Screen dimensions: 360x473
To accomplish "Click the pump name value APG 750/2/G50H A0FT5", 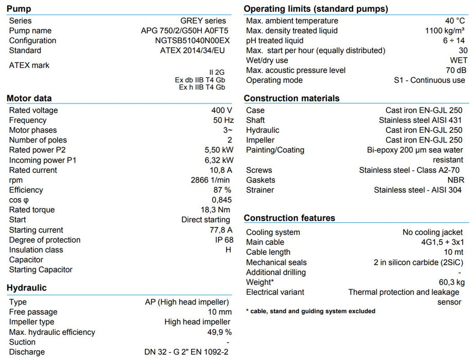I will coord(184,31).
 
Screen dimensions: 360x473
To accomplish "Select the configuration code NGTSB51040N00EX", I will coord(192,41).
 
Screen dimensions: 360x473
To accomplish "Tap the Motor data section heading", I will coord(29,98).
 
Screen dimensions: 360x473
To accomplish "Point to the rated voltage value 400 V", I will coord(221,110).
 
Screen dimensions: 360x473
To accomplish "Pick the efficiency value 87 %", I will coord(222,190).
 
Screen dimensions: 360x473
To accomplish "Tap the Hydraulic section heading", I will coord(27,288).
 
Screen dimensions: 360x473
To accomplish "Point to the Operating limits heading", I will coord(316,9).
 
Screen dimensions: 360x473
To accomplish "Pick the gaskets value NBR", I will coord(456,180).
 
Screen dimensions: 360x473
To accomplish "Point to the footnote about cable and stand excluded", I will coord(310,311).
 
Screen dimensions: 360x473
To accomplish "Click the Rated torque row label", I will coord(32,210).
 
